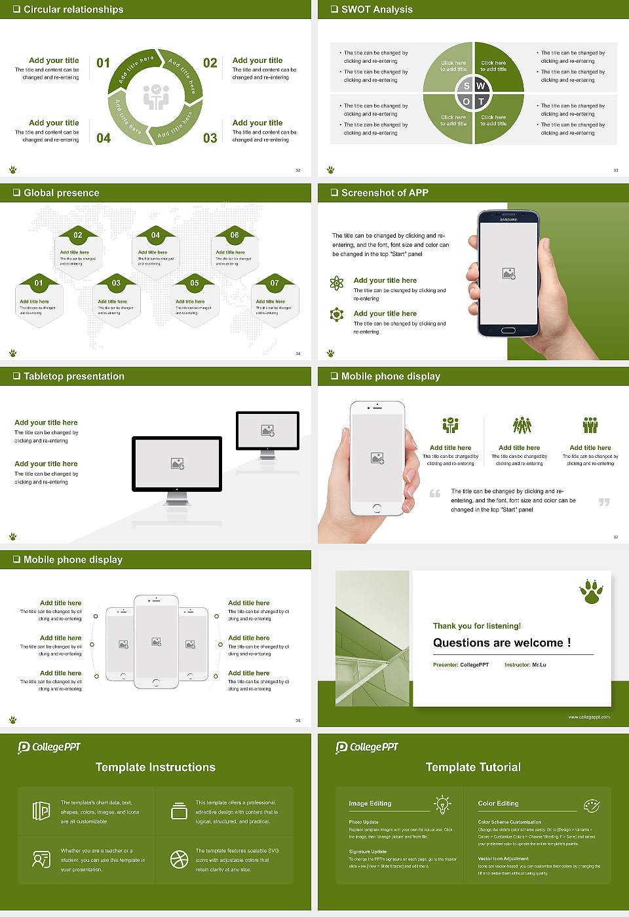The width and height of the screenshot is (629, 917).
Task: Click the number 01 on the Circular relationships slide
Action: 104,63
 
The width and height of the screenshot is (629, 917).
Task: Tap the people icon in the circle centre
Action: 156,97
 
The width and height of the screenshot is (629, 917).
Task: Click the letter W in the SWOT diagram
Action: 481,86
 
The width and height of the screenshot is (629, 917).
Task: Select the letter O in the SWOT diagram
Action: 467,102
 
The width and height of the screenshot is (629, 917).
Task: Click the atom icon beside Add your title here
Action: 337,283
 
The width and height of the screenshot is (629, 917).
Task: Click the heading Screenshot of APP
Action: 385,193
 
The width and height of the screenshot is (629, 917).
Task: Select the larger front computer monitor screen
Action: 177,464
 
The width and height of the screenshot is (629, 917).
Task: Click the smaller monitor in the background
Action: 267,431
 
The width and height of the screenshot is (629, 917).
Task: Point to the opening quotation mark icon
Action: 435,493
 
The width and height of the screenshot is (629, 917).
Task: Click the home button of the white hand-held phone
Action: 377,508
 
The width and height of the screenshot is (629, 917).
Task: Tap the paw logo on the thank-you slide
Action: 591,591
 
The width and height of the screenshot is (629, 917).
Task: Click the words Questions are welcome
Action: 501,643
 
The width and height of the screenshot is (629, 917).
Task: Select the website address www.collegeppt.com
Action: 588,717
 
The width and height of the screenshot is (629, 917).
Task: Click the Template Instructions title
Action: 155,767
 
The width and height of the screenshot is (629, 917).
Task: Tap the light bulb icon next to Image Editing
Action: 442,804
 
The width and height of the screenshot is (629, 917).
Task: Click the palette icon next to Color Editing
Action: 591,805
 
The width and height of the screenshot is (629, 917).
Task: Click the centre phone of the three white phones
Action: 156,642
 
